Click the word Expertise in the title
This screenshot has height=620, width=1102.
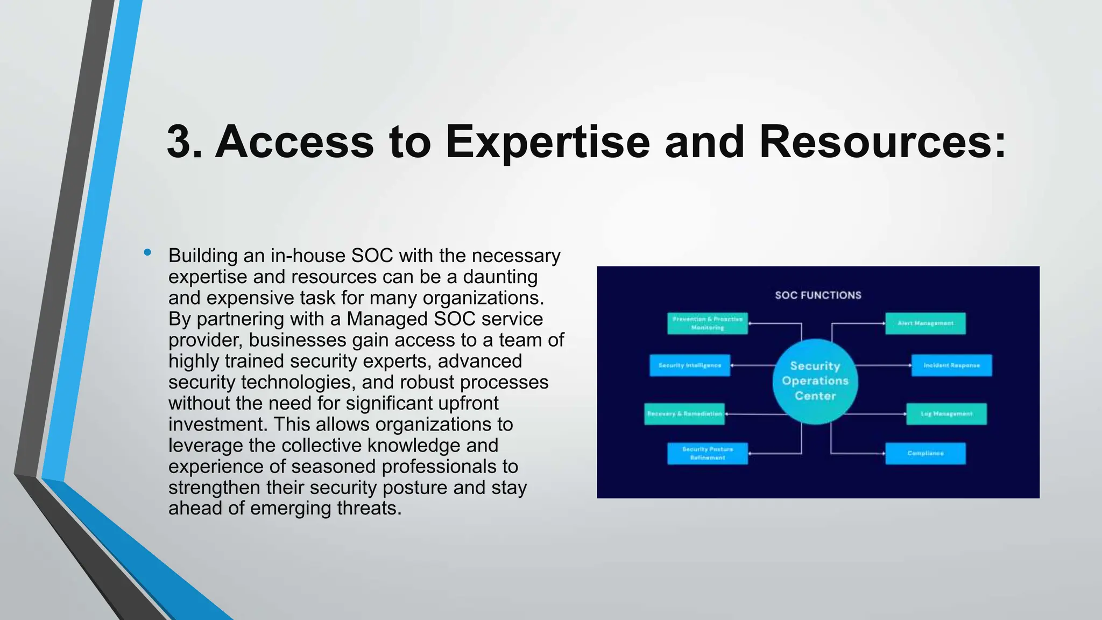(x=548, y=142)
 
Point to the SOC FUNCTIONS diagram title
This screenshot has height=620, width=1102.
(x=818, y=295)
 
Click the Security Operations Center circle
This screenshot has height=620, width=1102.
(x=815, y=381)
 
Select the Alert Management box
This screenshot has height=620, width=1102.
(x=925, y=323)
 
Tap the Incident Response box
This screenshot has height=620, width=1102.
(x=951, y=365)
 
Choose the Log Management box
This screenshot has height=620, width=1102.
(x=946, y=414)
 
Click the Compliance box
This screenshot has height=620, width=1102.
(x=925, y=453)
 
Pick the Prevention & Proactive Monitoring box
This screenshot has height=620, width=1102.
(x=707, y=323)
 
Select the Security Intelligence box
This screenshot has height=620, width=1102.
(x=689, y=365)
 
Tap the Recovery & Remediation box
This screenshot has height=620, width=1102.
(x=684, y=414)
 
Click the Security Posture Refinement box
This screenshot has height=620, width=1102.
(x=707, y=453)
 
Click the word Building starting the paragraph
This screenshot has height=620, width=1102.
(x=203, y=256)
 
